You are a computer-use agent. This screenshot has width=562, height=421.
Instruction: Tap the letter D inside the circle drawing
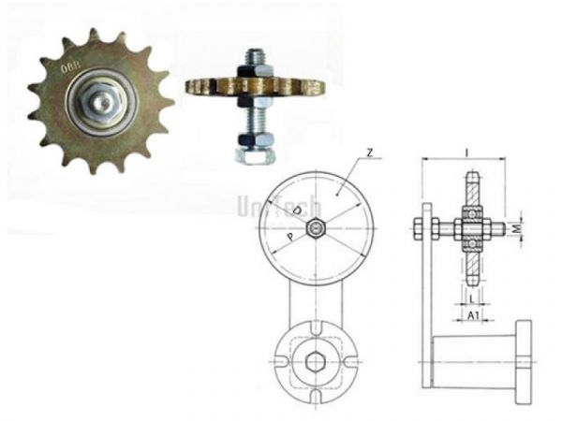[298, 213]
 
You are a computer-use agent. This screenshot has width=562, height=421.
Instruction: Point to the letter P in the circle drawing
[292, 238]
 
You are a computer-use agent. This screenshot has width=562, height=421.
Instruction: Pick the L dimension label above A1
[474, 298]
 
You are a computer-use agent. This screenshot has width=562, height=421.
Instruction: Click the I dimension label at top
[466, 151]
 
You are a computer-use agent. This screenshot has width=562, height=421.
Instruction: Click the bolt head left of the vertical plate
[416, 227]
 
